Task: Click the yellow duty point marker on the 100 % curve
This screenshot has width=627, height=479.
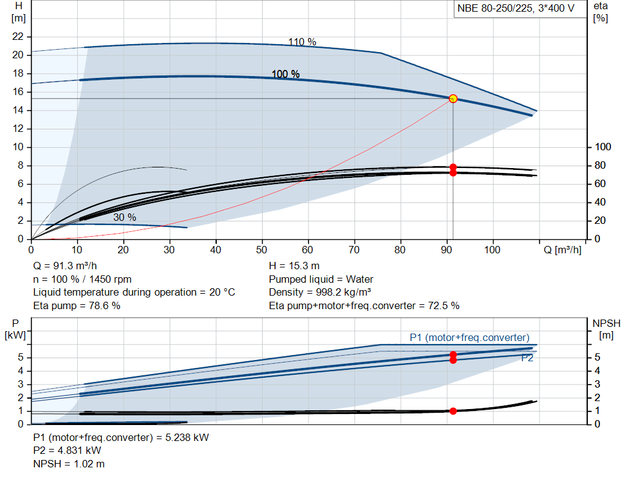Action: [x=453, y=99]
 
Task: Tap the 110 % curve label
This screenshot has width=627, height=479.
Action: [x=302, y=42]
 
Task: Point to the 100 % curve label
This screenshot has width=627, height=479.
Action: [x=286, y=74]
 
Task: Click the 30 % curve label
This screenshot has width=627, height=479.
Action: [x=124, y=217]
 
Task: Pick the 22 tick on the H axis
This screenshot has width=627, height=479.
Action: [x=18, y=37]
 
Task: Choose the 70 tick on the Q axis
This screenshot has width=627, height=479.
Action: [x=355, y=250]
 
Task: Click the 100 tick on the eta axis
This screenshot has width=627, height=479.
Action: [x=603, y=147]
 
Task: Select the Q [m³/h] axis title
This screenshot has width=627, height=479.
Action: [x=563, y=250]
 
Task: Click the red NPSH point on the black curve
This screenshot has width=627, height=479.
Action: [x=453, y=411]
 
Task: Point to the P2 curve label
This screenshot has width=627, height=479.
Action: [x=527, y=358]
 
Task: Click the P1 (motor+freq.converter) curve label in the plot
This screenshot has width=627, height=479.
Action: [x=469, y=338]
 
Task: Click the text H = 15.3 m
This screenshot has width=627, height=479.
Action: [x=295, y=266]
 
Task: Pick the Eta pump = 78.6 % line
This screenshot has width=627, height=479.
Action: [x=77, y=305]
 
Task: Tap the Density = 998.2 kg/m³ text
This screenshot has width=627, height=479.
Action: [x=320, y=292]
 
